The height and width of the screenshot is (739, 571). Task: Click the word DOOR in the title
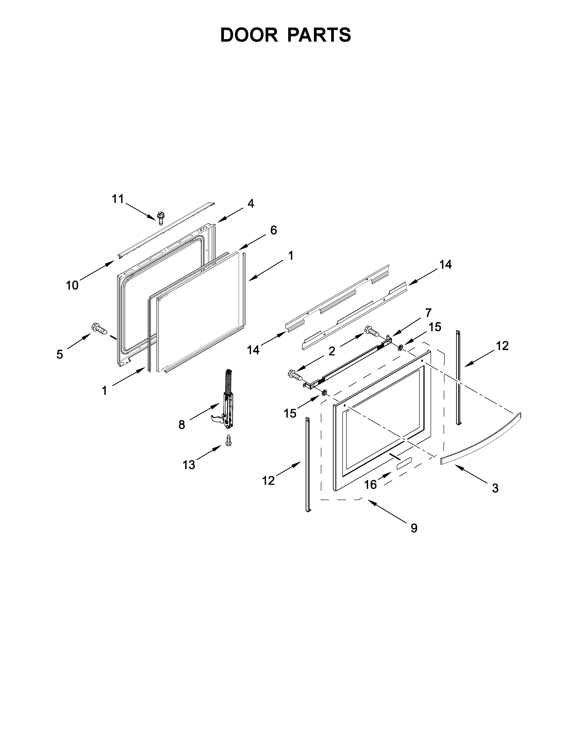click(249, 35)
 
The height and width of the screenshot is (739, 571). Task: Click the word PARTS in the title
click(319, 35)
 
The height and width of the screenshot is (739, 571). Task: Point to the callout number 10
click(72, 285)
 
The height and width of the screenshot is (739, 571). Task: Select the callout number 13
click(189, 465)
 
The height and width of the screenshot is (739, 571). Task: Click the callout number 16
click(370, 485)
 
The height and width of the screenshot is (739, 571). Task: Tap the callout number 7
click(428, 313)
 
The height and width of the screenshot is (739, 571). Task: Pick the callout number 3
click(495, 488)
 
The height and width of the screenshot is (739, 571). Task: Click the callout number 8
click(182, 425)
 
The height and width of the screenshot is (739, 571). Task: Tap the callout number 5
click(60, 354)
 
